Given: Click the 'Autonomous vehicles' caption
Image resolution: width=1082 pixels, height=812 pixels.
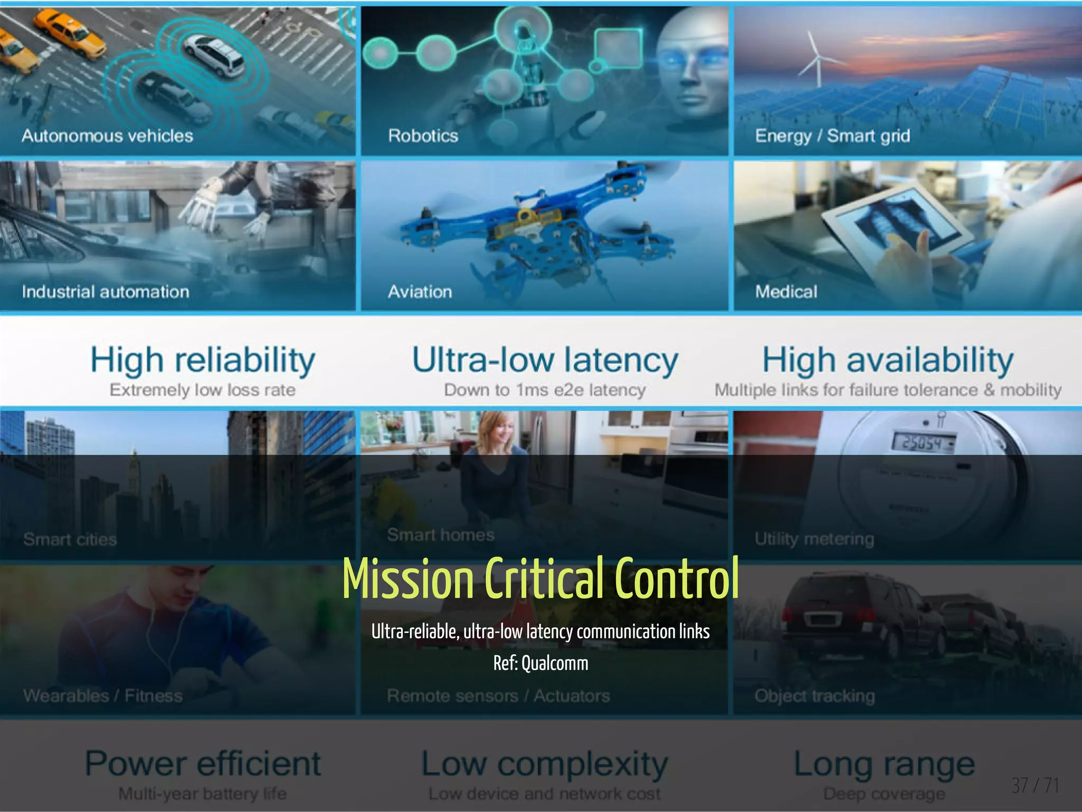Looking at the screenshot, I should pos(107,136).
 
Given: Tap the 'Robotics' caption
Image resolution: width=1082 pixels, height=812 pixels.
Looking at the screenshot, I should pos(423,136).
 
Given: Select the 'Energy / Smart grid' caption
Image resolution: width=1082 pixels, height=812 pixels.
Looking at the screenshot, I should pos(832,136).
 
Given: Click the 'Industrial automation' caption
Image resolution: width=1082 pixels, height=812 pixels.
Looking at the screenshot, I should pos(105,292).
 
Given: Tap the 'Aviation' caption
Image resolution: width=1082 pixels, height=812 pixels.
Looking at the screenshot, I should pos(420,292).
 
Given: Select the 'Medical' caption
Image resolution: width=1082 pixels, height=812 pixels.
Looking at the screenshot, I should pos(786,292).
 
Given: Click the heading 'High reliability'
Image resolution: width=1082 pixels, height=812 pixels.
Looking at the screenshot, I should pos(203,361).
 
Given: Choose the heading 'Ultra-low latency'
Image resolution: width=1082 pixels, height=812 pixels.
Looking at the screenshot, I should pos(545,361).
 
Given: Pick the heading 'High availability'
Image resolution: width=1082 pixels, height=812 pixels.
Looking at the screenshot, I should pos(888,361).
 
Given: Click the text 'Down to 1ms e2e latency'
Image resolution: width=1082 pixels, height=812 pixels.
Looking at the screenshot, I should pos(545,390).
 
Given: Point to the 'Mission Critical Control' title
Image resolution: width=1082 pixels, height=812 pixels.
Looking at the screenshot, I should pos(540,578).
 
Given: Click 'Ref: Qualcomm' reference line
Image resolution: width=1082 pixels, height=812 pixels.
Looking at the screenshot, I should pos(540,663).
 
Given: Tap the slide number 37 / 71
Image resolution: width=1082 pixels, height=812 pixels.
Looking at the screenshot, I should pos(1035,786).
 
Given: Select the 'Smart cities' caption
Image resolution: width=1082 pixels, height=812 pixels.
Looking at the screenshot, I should pos(70,539).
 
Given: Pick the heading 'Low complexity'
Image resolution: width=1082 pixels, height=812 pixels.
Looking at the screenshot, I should pos(545,764).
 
